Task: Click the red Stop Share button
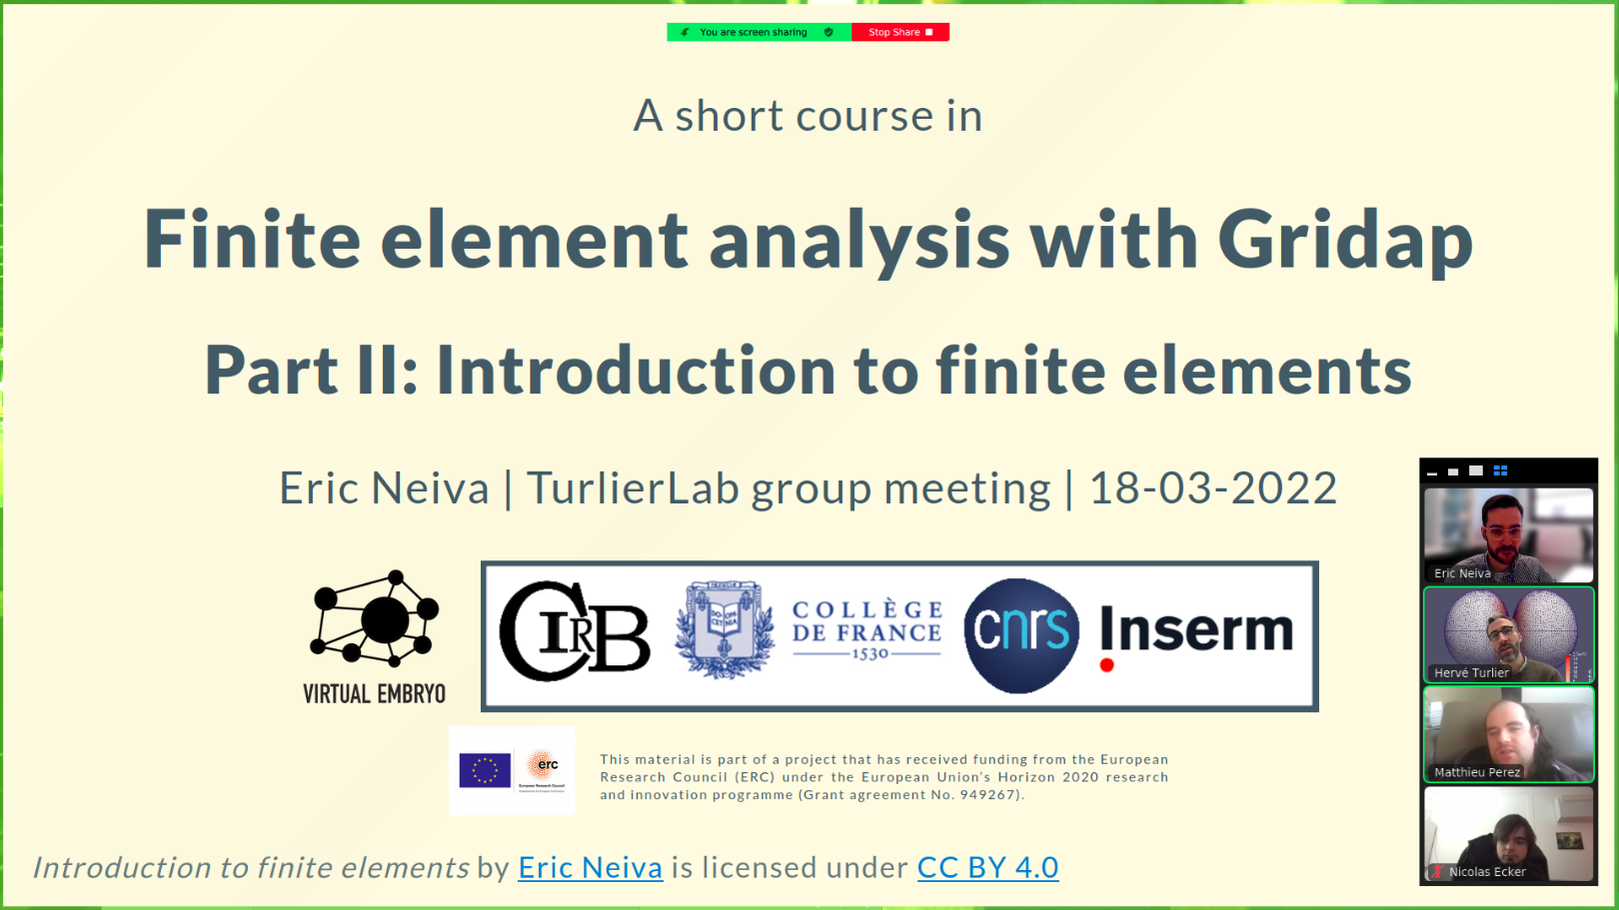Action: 899,33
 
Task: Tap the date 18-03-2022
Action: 1213,488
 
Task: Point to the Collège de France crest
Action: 725,629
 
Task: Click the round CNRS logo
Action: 1021,635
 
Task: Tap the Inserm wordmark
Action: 1196,629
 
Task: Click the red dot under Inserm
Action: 1106,665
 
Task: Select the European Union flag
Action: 485,770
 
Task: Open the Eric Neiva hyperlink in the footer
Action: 591,867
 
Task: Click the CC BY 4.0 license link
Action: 988,867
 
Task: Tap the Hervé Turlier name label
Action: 1471,673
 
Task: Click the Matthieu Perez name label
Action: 1477,772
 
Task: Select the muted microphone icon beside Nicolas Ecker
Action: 1437,872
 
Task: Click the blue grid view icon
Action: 1500,470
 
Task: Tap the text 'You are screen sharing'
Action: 754,33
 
